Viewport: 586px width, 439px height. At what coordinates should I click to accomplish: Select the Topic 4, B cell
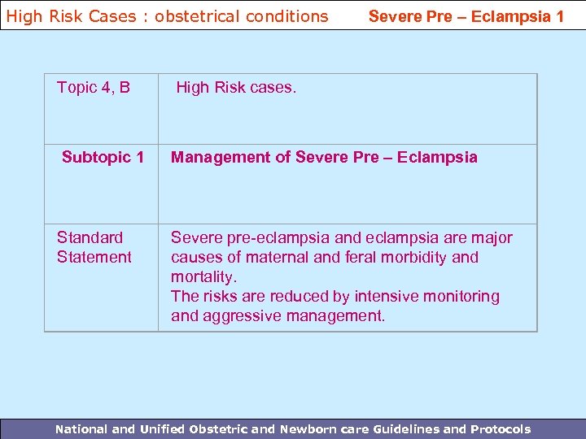(94, 87)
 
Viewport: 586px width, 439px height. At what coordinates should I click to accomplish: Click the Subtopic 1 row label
(103, 157)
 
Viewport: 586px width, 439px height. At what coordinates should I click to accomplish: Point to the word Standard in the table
(90, 237)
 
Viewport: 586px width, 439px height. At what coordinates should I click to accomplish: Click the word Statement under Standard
(94, 257)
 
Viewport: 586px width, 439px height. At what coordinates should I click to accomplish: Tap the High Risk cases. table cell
(236, 87)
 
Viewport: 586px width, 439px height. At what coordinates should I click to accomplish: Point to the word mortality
(203, 276)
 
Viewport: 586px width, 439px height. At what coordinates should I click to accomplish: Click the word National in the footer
(79, 429)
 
